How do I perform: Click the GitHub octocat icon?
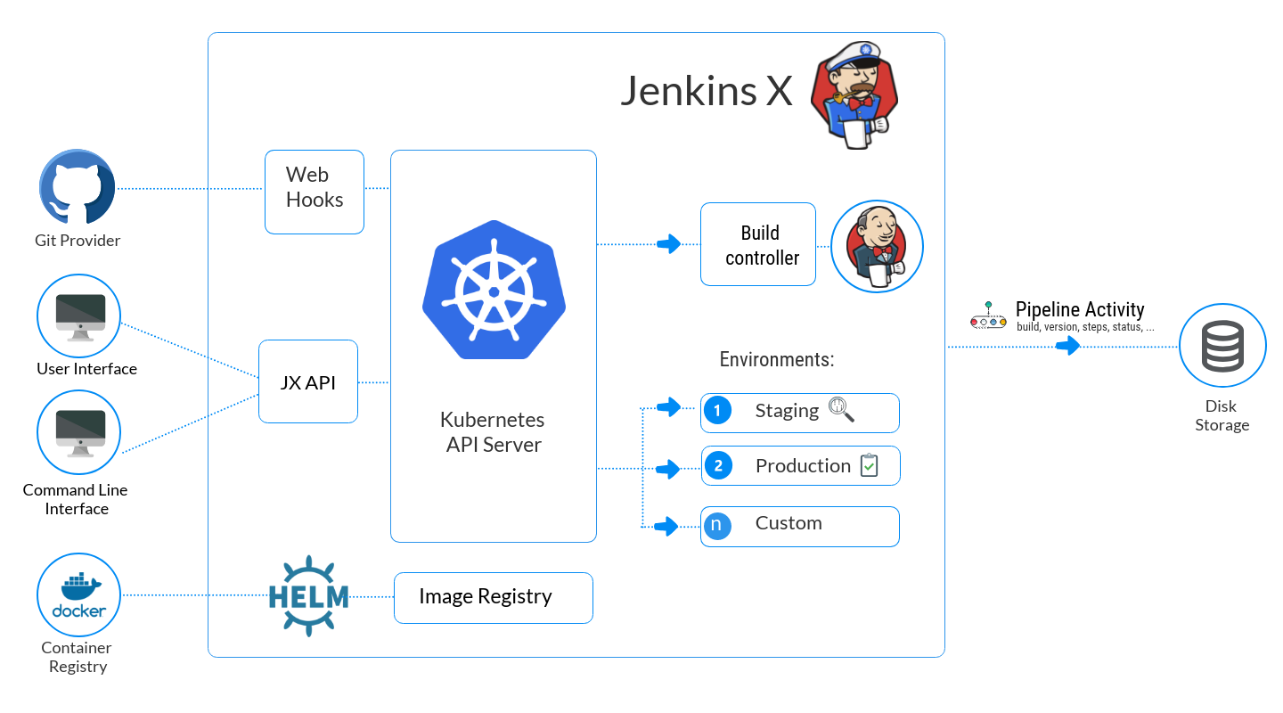[x=77, y=188]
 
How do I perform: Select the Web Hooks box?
[x=315, y=192]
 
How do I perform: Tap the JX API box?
[x=308, y=381]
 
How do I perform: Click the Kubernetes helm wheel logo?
[x=494, y=290]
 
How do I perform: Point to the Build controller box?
[x=758, y=244]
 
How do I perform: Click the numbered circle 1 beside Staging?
[x=717, y=411]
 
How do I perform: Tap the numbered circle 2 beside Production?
[x=717, y=465]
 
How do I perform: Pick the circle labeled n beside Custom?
[x=717, y=525]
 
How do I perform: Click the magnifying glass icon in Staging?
[x=841, y=409]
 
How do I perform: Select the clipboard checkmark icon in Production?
[x=869, y=465]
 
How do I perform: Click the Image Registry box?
[x=494, y=597]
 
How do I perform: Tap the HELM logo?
[x=308, y=596]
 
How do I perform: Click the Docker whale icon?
[x=78, y=594]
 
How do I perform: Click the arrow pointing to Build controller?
[x=668, y=243]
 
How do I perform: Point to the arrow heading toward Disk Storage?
[x=1067, y=346]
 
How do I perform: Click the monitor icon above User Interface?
[x=78, y=316]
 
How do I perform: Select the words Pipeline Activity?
[x=1080, y=310]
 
